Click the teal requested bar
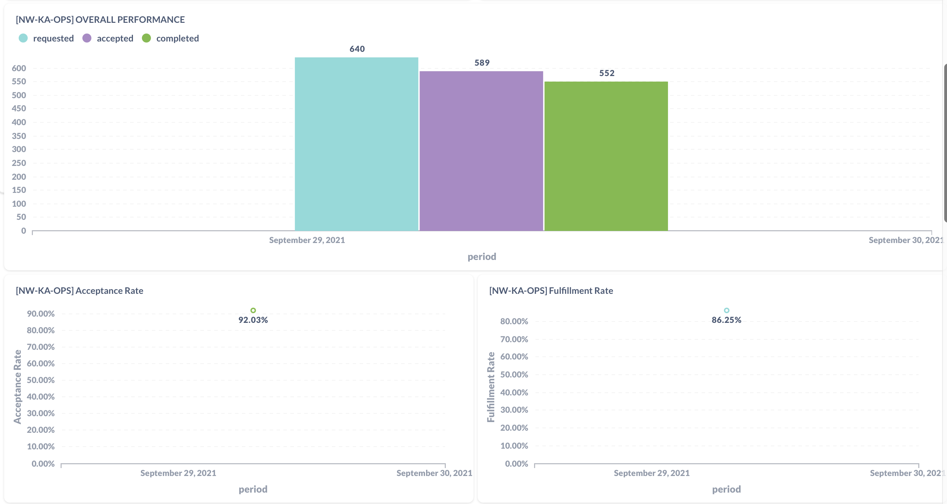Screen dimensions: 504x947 point(356,144)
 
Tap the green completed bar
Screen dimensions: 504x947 point(606,156)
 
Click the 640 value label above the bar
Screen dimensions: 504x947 point(357,49)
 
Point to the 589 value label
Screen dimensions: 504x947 point(481,63)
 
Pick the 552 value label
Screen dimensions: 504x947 point(606,73)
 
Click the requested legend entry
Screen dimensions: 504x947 point(46,38)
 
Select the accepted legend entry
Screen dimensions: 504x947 point(108,38)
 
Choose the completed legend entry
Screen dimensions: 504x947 point(171,38)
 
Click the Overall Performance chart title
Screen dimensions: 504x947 point(100,19)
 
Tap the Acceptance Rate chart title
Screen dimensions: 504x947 point(79,290)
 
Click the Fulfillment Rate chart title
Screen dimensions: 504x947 point(551,290)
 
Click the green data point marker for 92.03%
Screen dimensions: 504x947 point(253,310)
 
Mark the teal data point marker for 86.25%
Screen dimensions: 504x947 point(727,310)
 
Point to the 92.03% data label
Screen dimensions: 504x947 point(253,320)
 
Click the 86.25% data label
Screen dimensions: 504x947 point(727,320)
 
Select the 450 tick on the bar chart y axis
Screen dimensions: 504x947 point(19,108)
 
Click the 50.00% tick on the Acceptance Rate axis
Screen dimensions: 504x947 point(40,380)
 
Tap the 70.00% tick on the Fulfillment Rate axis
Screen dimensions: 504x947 point(514,339)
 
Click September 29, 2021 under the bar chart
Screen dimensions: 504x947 point(307,240)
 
